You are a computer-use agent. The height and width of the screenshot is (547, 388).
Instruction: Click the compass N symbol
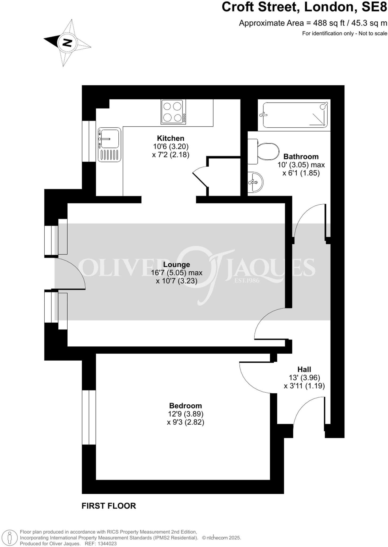[x=67, y=42]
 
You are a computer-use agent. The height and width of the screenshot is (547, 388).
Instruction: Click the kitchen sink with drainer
[x=109, y=144]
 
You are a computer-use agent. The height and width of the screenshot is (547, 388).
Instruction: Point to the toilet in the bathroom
[x=265, y=151]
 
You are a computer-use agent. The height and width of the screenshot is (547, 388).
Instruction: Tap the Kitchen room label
[x=170, y=138]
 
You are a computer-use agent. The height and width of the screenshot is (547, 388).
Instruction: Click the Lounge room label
[x=177, y=264]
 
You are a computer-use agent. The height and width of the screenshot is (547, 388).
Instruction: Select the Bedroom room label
[x=185, y=406]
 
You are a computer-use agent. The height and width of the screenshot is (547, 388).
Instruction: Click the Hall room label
[x=304, y=369]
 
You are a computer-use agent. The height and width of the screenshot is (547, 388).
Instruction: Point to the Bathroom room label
[x=301, y=157]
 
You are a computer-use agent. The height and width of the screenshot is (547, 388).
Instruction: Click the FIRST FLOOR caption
[x=109, y=506]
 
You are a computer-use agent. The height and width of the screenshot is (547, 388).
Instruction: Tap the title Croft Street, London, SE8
[x=304, y=7]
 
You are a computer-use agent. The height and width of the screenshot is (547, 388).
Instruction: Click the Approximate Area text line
[x=313, y=23]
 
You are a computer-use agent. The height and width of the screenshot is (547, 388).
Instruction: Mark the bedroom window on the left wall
[x=89, y=417]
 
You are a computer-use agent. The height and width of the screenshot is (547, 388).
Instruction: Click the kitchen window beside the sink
[x=89, y=141]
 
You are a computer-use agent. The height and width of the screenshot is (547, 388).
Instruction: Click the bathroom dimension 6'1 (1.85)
[x=301, y=173]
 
